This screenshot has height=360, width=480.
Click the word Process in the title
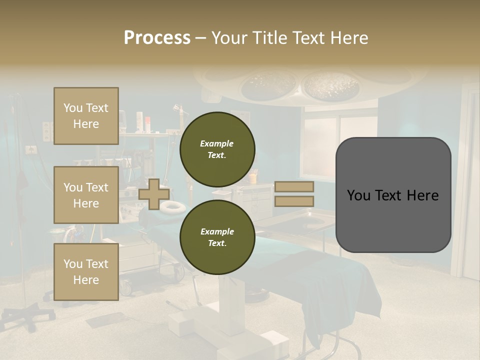point(157,38)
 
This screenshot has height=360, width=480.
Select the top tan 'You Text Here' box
point(86,116)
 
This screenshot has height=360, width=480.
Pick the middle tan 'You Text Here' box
point(86,195)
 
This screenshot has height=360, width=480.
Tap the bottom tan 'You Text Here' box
point(86,271)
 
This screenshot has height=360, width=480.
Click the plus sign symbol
point(153,194)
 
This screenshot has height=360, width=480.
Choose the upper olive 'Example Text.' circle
point(217,149)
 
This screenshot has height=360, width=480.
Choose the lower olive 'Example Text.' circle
point(217,237)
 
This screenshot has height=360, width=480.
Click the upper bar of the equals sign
point(294,186)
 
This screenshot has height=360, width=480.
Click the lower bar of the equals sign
point(294,201)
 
